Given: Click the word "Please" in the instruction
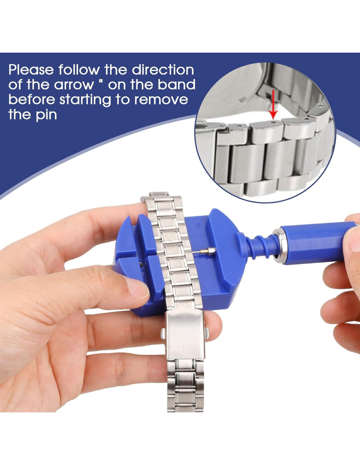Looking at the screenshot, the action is pyautogui.click(x=31, y=70).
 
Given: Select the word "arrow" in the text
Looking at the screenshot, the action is pyautogui.click(x=74, y=85).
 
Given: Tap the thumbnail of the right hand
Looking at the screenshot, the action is pyautogui.click(x=353, y=239).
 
